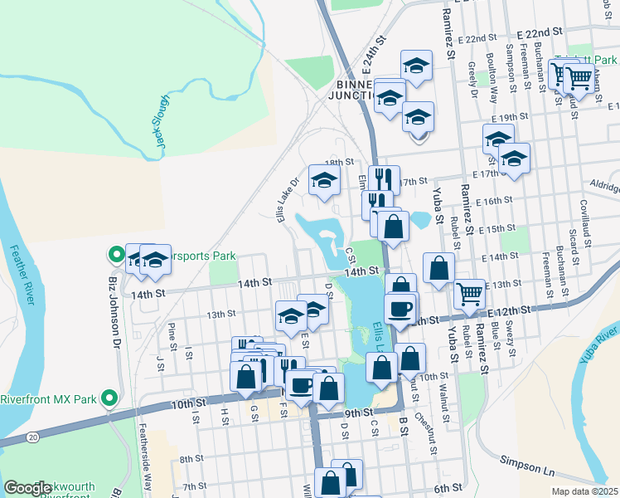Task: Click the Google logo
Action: pyautogui.click(x=27, y=488)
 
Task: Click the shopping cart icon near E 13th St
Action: pyautogui.click(x=470, y=292)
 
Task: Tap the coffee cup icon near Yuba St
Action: pyautogui.click(x=400, y=308)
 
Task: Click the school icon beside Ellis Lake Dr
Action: pyautogui.click(x=325, y=178)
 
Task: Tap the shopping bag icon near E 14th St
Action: pyautogui.click(x=439, y=268)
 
